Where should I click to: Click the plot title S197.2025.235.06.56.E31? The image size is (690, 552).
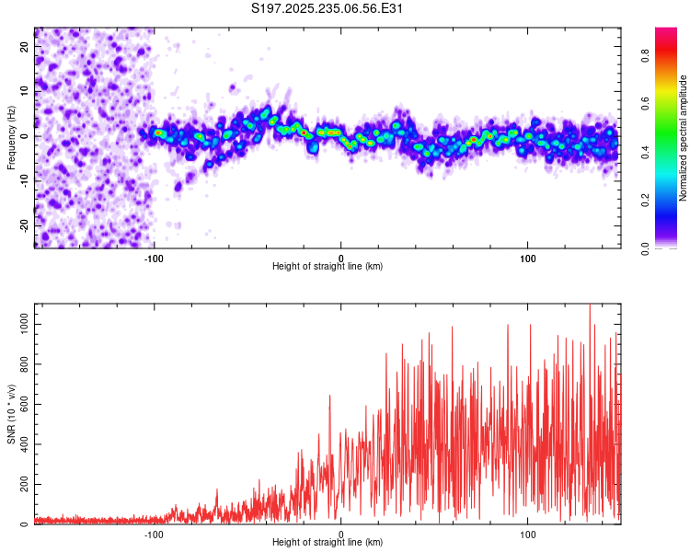328,9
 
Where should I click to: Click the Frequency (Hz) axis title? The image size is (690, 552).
11,136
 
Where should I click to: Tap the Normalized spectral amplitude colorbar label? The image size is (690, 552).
684,137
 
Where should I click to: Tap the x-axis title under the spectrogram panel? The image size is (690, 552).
328,267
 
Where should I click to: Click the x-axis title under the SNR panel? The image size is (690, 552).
328,543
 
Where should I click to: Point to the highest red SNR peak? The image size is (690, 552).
590,305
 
